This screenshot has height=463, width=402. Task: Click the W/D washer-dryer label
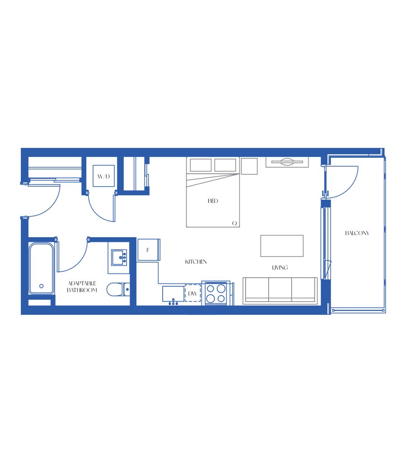pos(103,177)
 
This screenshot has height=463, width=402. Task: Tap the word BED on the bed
pos(213,201)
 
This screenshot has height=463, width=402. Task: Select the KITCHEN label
pos(196,262)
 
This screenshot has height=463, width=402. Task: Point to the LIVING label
pos(280,268)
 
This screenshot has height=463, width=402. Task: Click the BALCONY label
pos(357,233)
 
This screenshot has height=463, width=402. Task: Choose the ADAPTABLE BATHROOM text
pos(82,287)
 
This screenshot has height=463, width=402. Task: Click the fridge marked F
pos(149,250)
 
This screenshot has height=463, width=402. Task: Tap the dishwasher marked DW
pos(193,293)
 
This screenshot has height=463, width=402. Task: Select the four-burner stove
pos(215,293)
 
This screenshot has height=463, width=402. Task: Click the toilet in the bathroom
pos(118,289)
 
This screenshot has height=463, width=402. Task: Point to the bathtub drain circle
pos(41,286)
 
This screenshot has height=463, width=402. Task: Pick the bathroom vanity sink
pos(119,257)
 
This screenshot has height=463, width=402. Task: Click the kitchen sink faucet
pos(173,302)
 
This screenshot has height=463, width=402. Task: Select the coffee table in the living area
pos(282,246)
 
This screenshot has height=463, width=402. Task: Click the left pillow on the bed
pos(201,165)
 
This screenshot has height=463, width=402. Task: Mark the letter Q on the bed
pos(234,223)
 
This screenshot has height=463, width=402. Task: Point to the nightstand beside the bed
pos(249,166)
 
